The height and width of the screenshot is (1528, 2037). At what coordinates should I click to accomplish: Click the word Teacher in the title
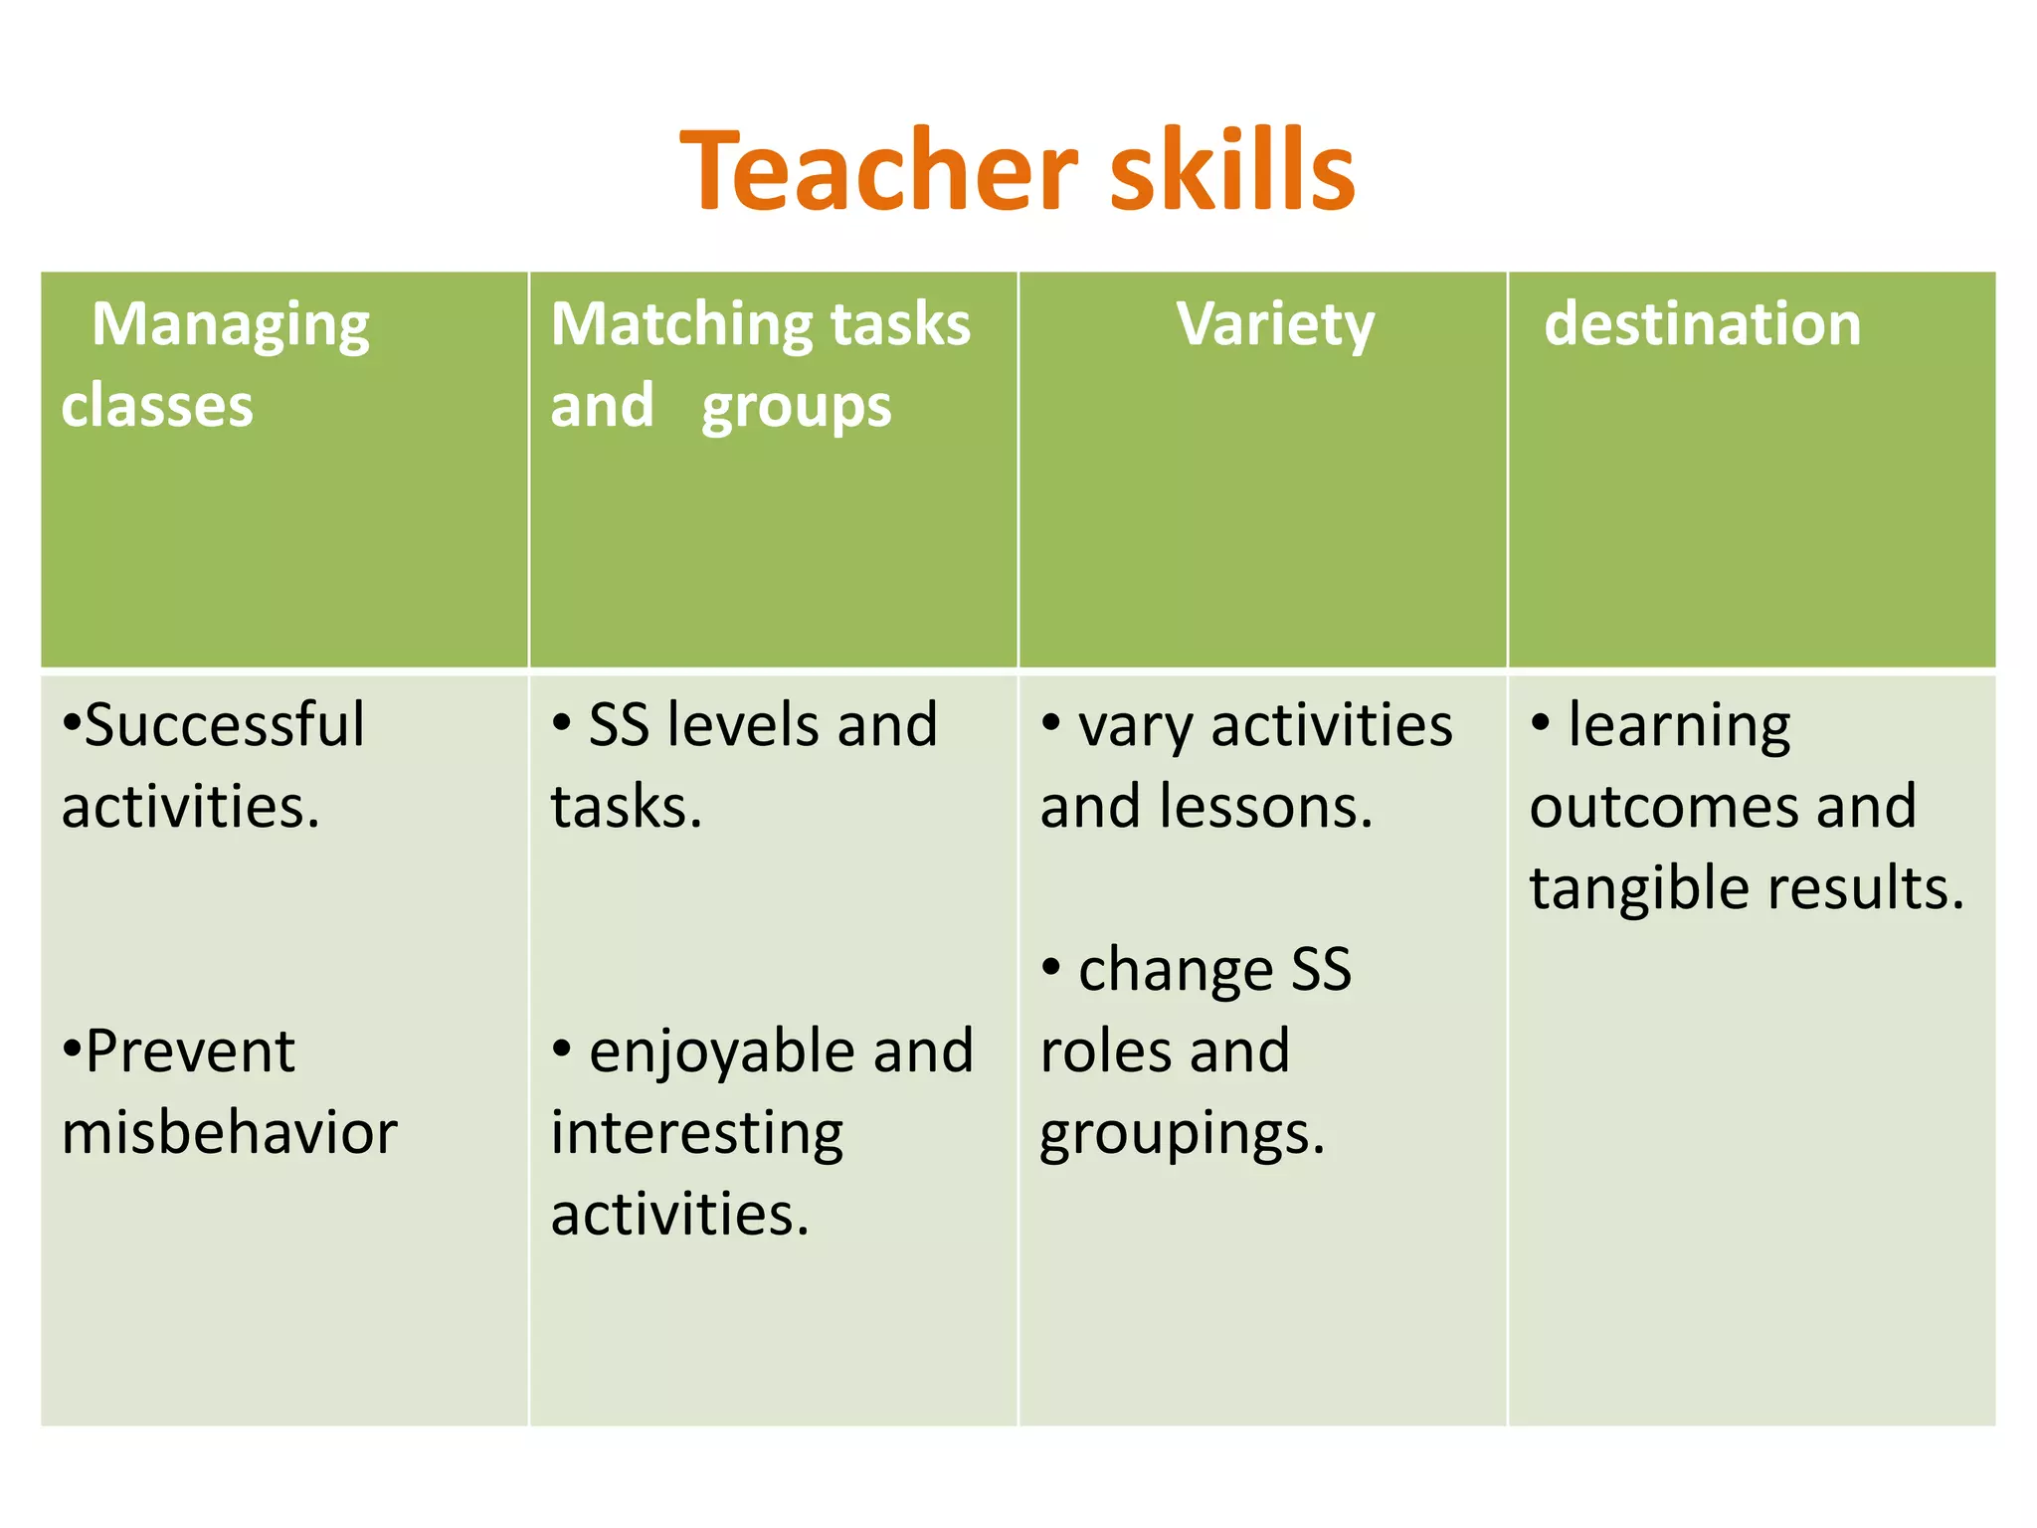click(x=879, y=171)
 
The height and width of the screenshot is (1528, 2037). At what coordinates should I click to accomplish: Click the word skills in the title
click(x=1232, y=171)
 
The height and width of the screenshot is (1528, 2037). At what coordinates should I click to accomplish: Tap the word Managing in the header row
click(x=231, y=326)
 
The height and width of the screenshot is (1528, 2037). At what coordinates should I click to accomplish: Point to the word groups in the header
click(x=796, y=408)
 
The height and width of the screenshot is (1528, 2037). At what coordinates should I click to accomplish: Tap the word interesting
click(x=696, y=1134)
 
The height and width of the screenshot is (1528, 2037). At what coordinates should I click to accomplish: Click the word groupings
click(x=1182, y=1134)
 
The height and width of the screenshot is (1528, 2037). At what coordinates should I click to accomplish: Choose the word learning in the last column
click(x=1679, y=726)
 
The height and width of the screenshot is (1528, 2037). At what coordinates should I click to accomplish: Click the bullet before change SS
click(x=1050, y=966)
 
